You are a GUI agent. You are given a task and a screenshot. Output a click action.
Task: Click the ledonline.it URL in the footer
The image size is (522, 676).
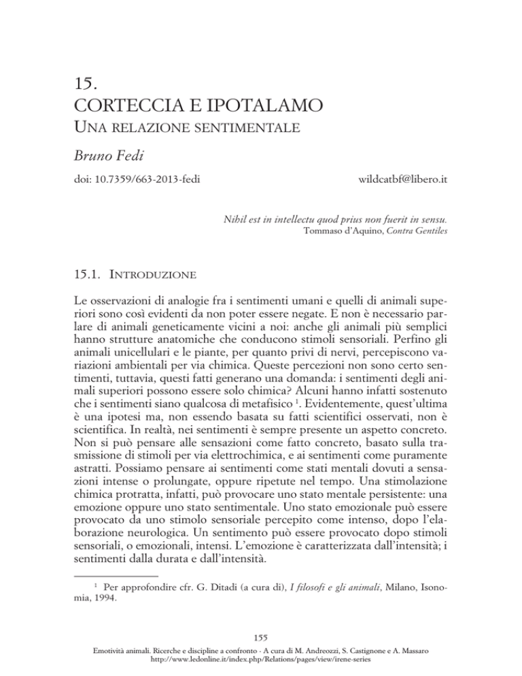pos(262,662)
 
